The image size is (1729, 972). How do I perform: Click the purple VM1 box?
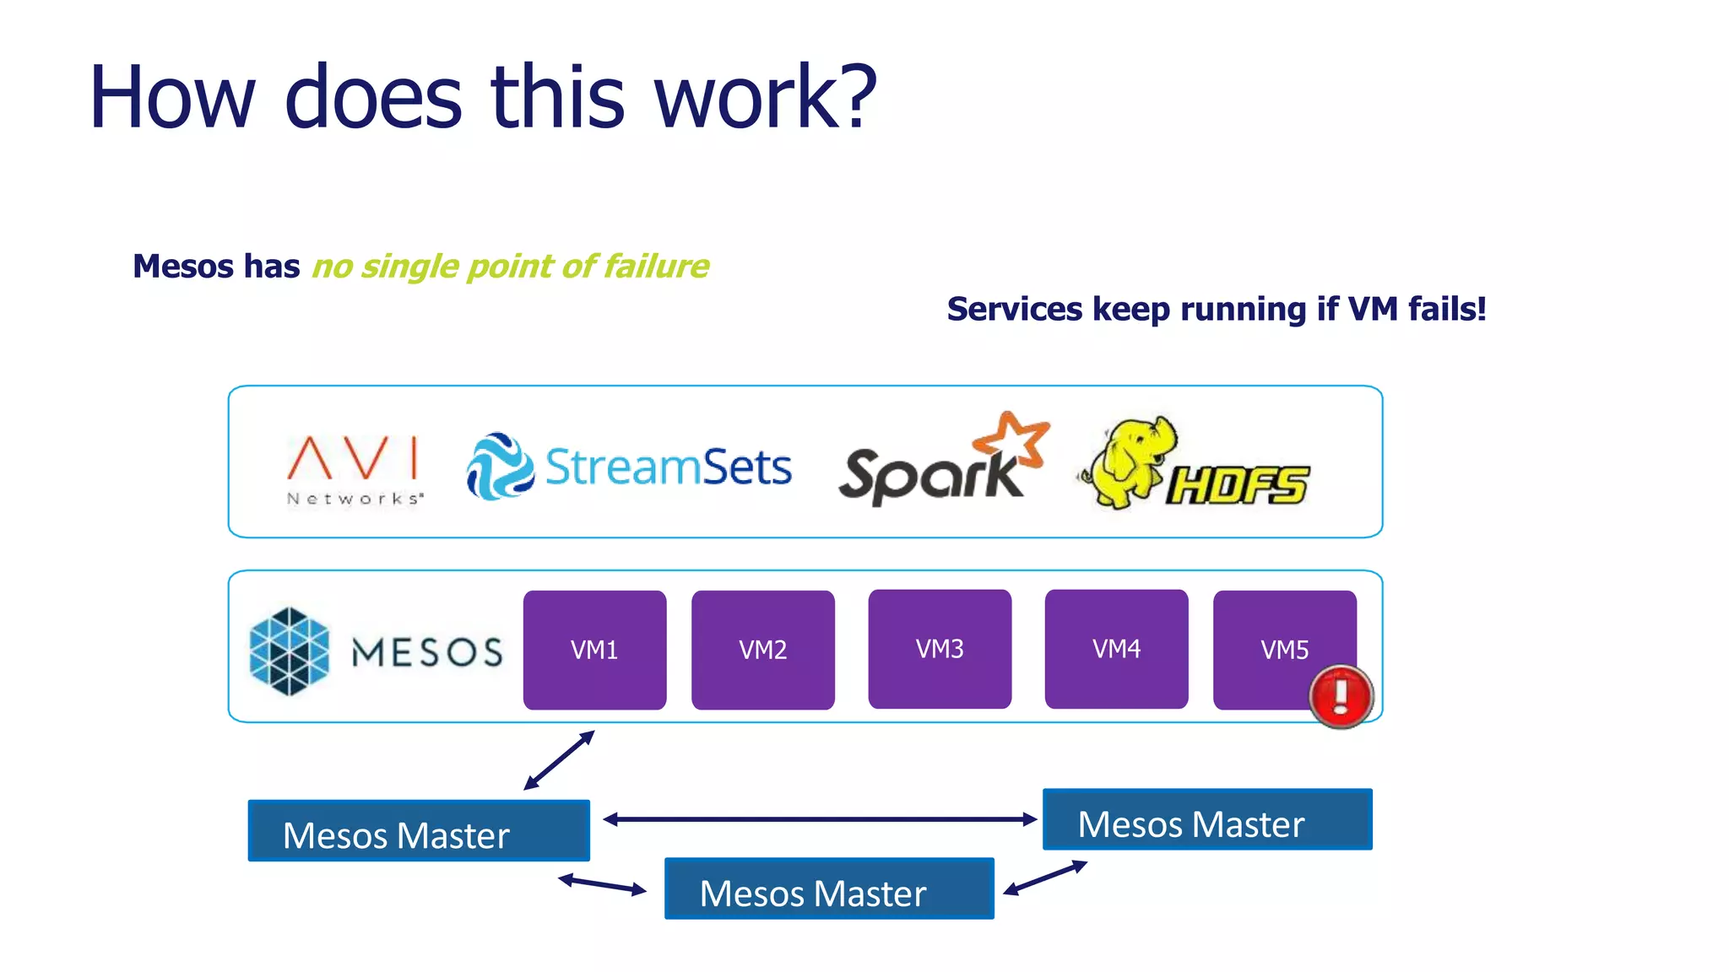pyautogui.click(x=594, y=649)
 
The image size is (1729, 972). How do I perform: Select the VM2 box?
pyautogui.click(x=762, y=649)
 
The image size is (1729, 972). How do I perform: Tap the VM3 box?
pyautogui.click(x=940, y=648)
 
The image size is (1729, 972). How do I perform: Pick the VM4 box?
pyautogui.click(x=1116, y=648)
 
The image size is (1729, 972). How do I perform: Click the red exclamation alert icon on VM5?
pyautogui.click(x=1341, y=696)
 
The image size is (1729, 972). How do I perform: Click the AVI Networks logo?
pyautogui.click(x=354, y=469)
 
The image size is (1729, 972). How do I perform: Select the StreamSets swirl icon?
pyautogui.click(x=499, y=467)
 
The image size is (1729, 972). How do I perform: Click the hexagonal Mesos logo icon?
pyautogui.click(x=290, y=651)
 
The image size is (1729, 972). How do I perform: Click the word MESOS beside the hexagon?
pyautogui.click(x=426, y=652)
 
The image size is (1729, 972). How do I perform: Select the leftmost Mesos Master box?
pyautogui.click(x=419, y=831)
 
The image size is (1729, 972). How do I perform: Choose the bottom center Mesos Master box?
pyautogui.click(x=828, y=888)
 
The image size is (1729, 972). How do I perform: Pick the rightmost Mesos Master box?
pyautogui.click(x=1206, y=819)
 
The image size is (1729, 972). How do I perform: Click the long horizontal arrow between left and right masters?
pyautogui.click(x=819, y=819)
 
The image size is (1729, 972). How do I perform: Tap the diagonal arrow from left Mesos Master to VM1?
pyautogui.click(x=559, y=760)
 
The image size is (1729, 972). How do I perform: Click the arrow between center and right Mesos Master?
pyautogui.click(x=1044, y=878)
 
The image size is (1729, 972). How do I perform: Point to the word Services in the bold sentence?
pyautogui.click(x=1014, y=309)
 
